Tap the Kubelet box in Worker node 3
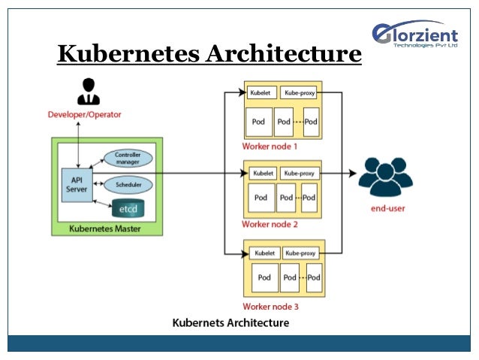(264, 253)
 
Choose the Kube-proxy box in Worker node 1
(300, 93)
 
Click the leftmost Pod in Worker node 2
(261, 198)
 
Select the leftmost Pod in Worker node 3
(264, 278)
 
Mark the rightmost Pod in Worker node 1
(311, 121)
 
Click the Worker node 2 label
(270, 225)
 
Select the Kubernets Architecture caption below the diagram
(230, 322)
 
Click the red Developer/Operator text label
(84, 114)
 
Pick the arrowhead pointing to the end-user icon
(352, 173)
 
